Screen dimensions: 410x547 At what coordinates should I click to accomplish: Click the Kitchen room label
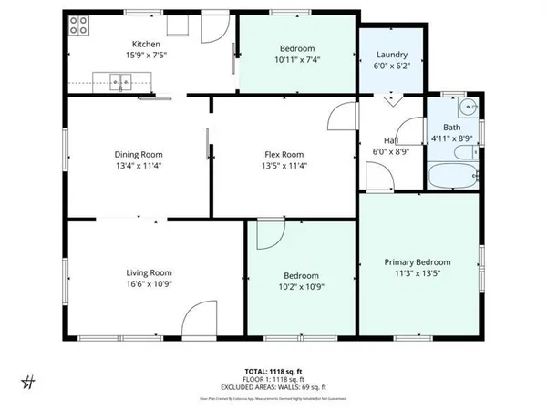[x=147, y=44]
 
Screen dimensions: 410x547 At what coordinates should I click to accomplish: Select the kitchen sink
[x=122, y=86]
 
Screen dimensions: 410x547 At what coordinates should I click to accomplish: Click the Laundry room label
[x=392, y=56]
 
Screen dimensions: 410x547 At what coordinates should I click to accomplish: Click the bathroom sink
[x=468, y=107]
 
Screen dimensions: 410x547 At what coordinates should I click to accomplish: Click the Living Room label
[x=149, y=272]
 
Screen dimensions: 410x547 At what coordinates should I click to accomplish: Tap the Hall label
[x=391, y=140]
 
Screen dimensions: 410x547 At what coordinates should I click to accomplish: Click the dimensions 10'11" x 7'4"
[x=297, y=60]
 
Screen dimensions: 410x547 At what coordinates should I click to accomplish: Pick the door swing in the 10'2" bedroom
[x=269, y=235]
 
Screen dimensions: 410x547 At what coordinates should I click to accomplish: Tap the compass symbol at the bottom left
[x=28, y=382]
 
